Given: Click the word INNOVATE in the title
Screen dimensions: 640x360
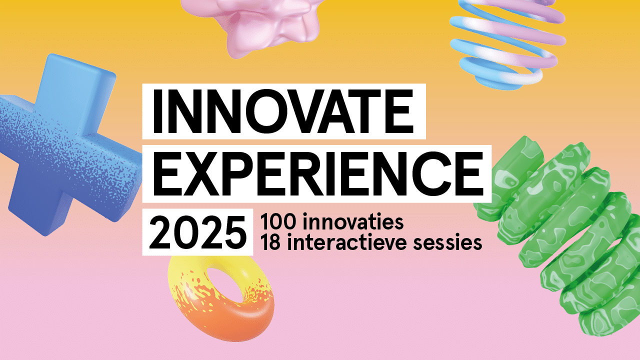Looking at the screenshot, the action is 283,111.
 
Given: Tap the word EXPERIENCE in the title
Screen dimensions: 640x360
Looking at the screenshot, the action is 318,173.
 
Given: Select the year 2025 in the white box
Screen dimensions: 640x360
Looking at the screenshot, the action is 197,232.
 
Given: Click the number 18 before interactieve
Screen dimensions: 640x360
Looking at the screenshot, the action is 270,242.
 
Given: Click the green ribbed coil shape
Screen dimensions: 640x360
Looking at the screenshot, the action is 560,237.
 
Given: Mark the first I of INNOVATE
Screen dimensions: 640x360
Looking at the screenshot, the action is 157,111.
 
